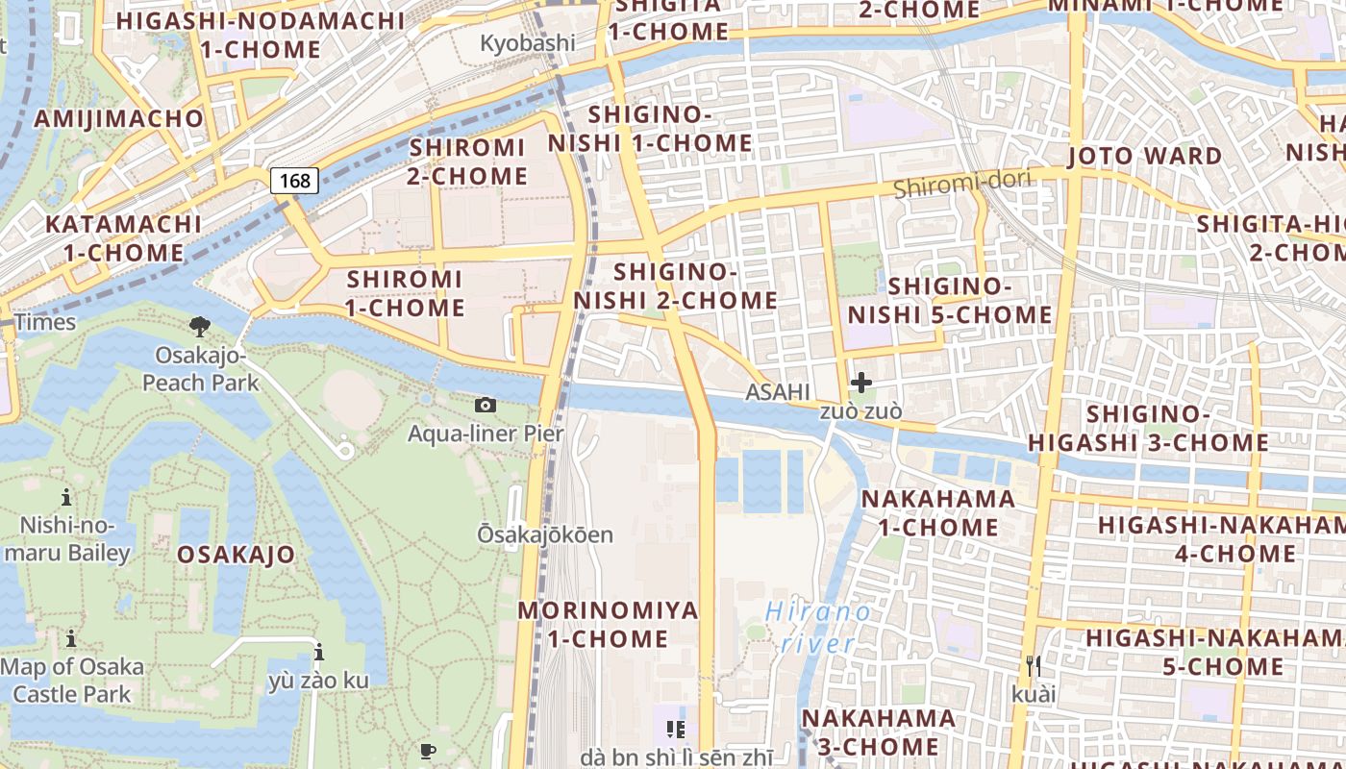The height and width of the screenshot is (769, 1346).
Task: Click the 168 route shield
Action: [x=294, y=181]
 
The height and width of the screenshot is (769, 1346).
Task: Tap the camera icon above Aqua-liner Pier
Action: [x=486, y=406]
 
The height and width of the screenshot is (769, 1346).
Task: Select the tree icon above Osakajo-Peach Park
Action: [x=200, y=327]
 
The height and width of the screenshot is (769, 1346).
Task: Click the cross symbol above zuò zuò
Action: [x=861, y=383]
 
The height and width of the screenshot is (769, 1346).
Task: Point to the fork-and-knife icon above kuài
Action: [x=1034, y=665]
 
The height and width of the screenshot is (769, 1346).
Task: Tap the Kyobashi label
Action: [x=528, y=43]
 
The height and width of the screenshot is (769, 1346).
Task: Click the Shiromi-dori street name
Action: [x=961, y=183]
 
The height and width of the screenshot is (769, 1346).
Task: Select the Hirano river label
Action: [x=818, y=627]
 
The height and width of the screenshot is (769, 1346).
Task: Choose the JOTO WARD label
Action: [x=1145, y=156]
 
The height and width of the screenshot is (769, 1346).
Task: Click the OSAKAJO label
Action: [x=236, y=555]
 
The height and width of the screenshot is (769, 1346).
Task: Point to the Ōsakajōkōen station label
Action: [x=545, y=534]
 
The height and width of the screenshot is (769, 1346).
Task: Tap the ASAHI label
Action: [x=778, y=392]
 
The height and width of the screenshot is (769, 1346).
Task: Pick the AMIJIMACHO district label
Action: [x=119, y=119]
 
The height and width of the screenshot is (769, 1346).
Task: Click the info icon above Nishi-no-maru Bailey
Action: [x=66, y=498]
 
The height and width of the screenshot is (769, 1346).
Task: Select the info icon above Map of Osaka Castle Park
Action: [x=70, y=639]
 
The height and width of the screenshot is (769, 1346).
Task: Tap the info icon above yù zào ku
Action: [x=318, y=654]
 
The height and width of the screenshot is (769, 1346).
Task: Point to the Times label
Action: [x=45, y=322]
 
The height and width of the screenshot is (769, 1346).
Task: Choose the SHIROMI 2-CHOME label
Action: [x=468, y=161]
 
